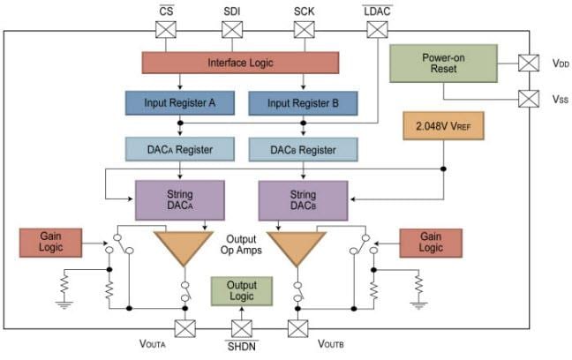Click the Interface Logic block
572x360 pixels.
pyautogui.click(x=239, y=63)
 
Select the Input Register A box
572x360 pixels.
pyautogui.click(x=179, y=103)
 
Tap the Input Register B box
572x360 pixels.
pyautogui.click(x=303, y=103)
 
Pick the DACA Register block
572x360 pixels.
pyautogui.click(x=179, y=148)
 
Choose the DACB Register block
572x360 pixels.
pyautogui.click(x=303, y=148)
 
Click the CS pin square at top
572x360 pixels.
pyautogui.click(x=165, y=30)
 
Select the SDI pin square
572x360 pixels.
pyautogui.click(x=231, y=30)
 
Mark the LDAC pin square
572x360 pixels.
pyautogui.click(x=376, y=30)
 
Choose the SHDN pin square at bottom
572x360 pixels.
pyautogui.click(x=241, y=329)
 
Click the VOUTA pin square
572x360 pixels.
pyautogui.click(x=185, y=329)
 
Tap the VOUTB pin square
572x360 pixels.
pyautogui.click(x=297, y=329)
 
